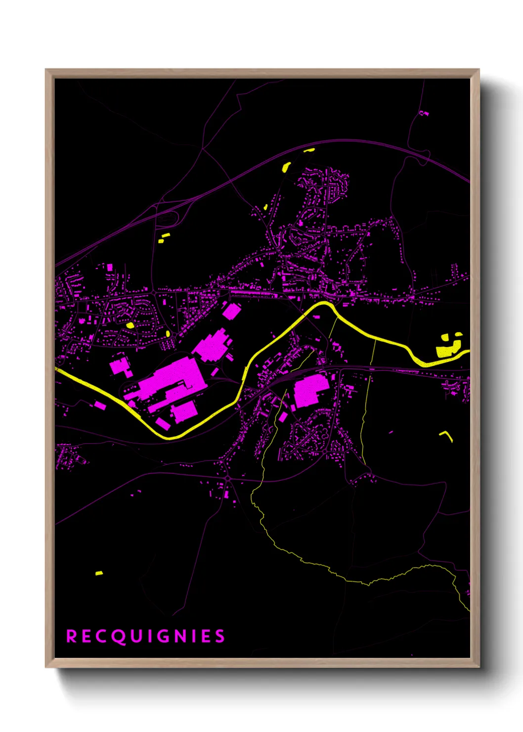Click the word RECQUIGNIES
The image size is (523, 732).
tap(146, 636)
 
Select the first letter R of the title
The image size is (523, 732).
tap(72, 636)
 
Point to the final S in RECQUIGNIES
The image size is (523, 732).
tap(220, 636)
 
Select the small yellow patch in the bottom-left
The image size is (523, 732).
tap(99, 573)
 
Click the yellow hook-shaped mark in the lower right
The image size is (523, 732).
tap(447, 435)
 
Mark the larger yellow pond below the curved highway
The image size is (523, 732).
tap(286, 167)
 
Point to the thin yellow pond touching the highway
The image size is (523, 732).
tap(309, 150)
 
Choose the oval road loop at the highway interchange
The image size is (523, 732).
tap(168, 218)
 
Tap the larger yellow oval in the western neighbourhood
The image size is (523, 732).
tap(131, 325)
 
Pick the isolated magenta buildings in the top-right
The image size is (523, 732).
tap(424, 113)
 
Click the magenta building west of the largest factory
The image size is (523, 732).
tap(119, 366)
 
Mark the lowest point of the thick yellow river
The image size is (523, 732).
tap(168, 437)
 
